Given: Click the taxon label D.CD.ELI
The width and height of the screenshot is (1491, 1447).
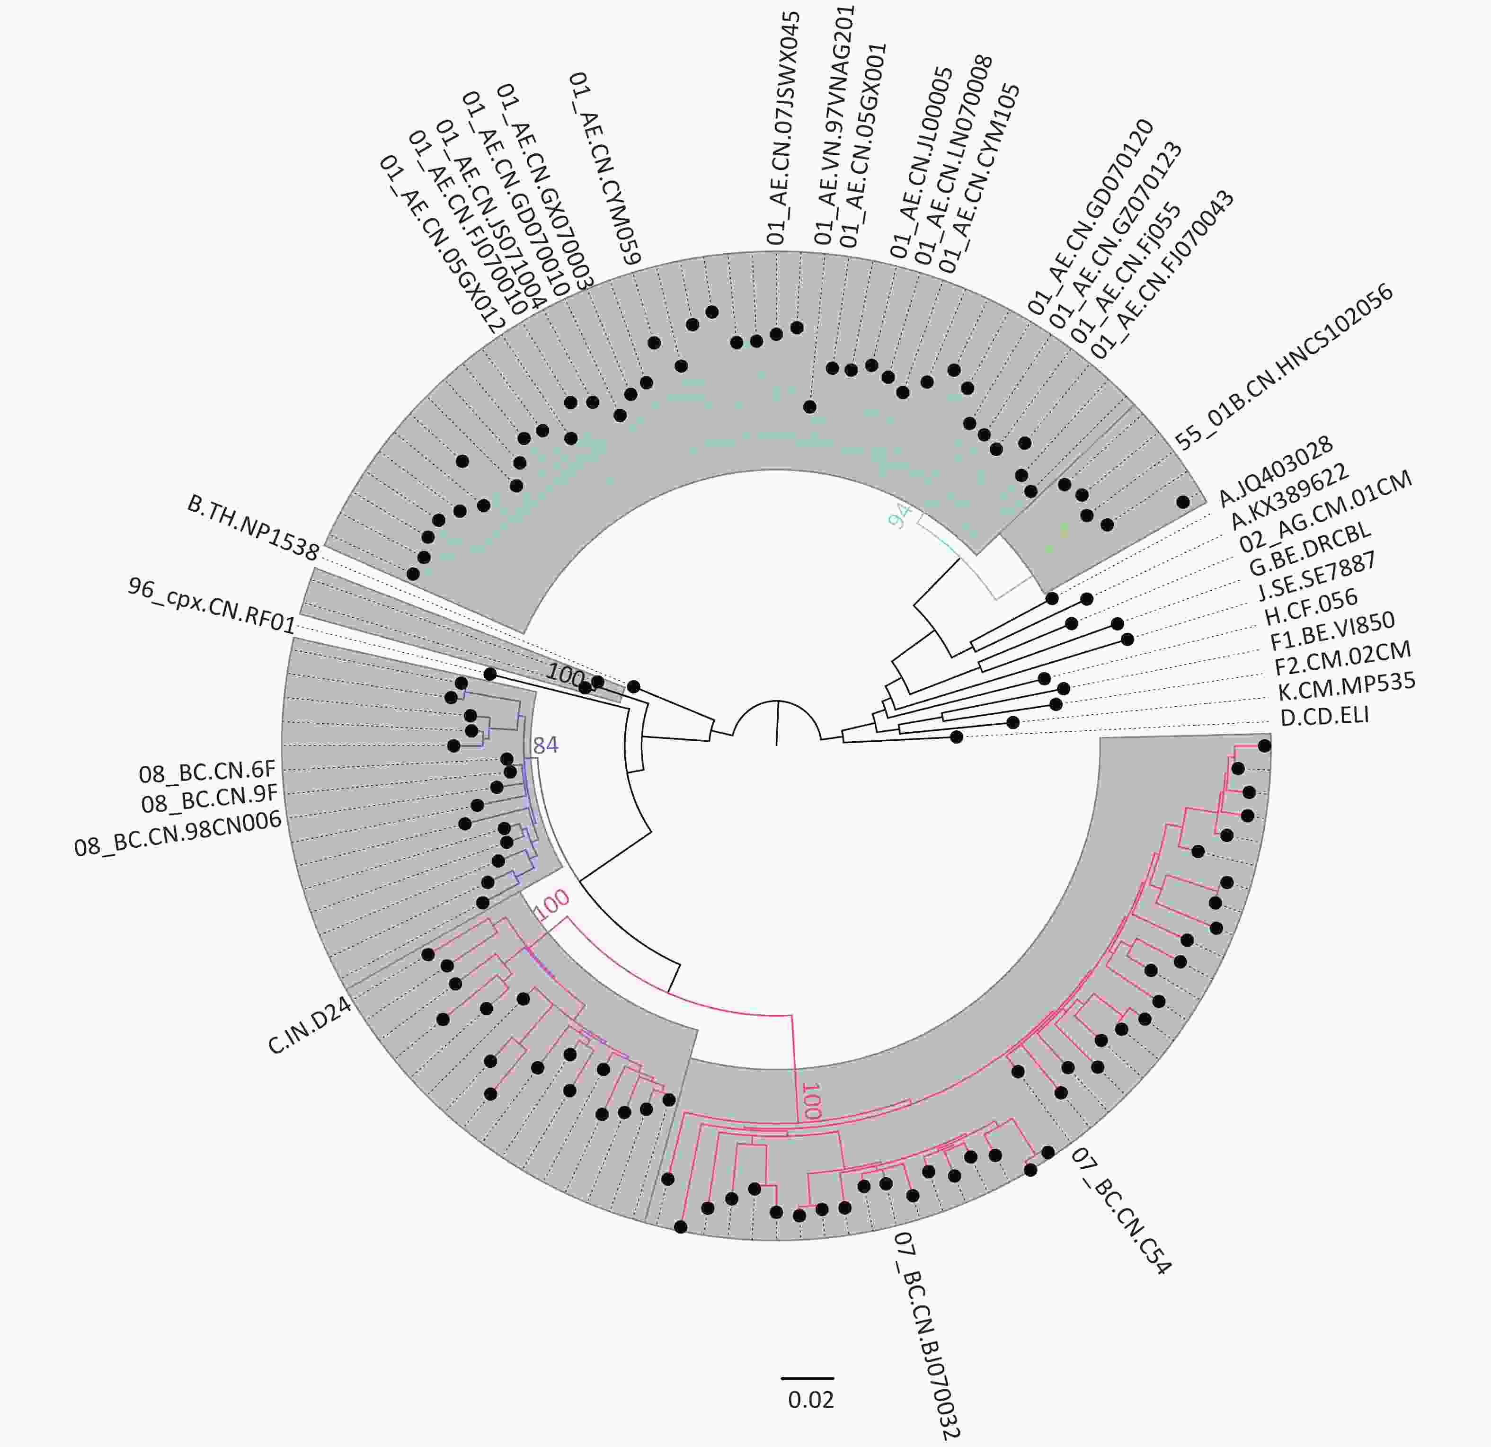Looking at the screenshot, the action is pyautogui.click(x=1324, y=717).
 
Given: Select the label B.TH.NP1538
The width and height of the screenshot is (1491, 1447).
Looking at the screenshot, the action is pyautogui.click(x=253, y=528).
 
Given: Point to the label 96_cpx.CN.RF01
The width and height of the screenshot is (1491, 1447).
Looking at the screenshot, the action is pyautogui.click(x=212, y=605).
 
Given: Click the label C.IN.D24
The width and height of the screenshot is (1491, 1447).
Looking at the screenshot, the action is pyautogui.click(x=310, y=1026).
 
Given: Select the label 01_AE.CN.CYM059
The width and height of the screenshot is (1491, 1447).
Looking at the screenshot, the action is pyautogui.click(x=605, y=168).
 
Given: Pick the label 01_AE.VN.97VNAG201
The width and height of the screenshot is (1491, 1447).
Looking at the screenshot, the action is pyautogui.click(x=834, y=125).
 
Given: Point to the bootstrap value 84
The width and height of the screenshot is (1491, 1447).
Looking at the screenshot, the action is pyautogui.click(x=545, y=745).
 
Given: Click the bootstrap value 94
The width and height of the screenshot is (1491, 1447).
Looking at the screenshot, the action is pyautogui.click(x=900, y=516).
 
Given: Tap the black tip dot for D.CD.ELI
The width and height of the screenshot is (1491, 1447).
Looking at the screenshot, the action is pyautogui.click(x=956, y=737).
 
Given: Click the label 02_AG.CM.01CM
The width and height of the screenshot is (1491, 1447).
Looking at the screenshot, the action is pyautogui.click(x=1325, y=511).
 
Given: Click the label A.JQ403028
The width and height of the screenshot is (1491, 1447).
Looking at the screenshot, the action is pyautogui.click(x=1276, y=471).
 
